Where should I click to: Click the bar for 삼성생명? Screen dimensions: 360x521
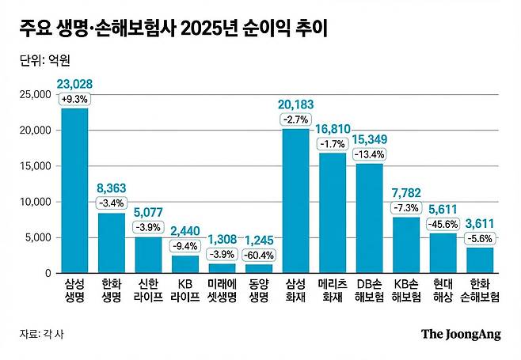pyautogui.click(x=74, y=191)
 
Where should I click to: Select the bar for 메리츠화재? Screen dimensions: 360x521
pyautogui.click(x=332, y=213)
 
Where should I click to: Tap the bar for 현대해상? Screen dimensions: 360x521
pyautogui.click(x=442, y=253)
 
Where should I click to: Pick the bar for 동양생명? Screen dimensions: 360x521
pyautogui.click(x=258, y=268)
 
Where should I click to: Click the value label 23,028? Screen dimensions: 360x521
pyautogui.click(x=74, y=85)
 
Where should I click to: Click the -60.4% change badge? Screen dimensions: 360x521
pyautogui.click(x=258, y=255)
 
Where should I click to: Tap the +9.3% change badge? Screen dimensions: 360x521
pyautogui.click(x=74, y=99)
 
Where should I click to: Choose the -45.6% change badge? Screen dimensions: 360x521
pyautogui.click(x=442, y=224)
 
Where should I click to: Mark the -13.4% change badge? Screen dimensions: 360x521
pyautogui.click(x=369, y=153)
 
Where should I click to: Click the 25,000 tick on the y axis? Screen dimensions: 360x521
pyautogui.click(x=35, y=94)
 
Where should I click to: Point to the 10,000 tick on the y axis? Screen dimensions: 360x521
pyautogui.click(x=35, y=202)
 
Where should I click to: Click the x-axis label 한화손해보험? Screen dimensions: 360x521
pyautogui.click(x=478, y=291)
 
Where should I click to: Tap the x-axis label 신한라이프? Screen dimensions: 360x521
pyautogui.click(x=148, y=291)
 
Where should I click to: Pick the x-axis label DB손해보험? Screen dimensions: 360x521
pyautogui.click(x=369, y=291)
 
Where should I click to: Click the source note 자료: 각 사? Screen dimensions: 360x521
pyautogui.click(x=41, y=334)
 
